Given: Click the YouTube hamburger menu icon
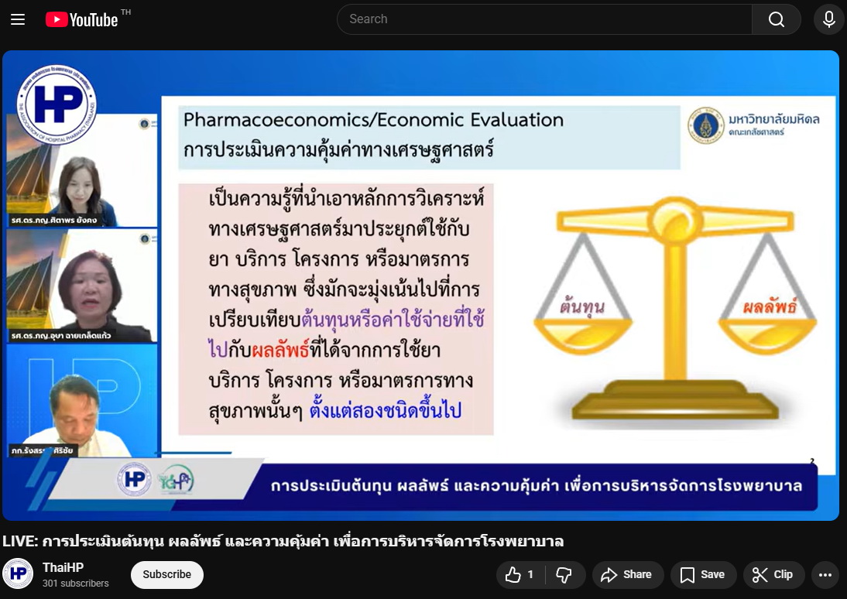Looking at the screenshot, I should click(18, 19).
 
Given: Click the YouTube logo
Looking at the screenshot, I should click(81, 19).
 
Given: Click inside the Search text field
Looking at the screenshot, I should click(542, 19).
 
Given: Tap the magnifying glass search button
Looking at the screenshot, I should click(777, 19).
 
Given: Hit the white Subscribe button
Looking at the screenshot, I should click(166, 574).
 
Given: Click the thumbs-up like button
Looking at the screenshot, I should click(520, 574).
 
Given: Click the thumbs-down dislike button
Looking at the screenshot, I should click(564, 574).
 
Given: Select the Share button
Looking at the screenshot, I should click(627, 574).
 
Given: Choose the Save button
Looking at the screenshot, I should click(702, 574).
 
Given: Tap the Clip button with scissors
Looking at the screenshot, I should click(773, 574).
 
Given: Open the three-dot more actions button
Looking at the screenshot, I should click(825, 574).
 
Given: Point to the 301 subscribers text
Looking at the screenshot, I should click(76, 583).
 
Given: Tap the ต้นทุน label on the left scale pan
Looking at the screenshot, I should click(581, 306).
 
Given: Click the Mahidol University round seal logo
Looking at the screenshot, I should click(705, 124).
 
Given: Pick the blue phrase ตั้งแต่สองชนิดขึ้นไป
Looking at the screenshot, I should click(386, 409).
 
